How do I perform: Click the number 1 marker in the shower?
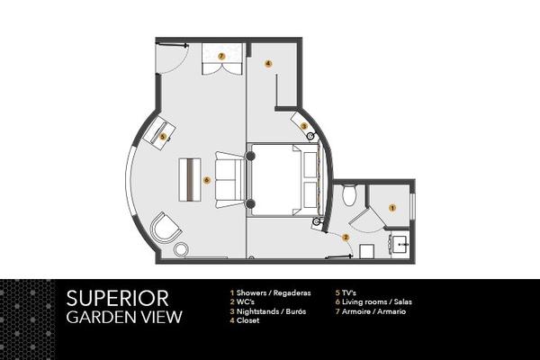tap(391, 208)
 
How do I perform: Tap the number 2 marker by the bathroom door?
tap(346, 238)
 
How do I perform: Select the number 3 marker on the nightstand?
tap(304, 126)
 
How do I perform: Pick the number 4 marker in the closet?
tap(268, 63)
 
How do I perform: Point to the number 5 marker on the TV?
tap(163, 137)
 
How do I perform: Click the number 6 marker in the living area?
tap(206, 180)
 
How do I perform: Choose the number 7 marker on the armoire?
tap(221, 56)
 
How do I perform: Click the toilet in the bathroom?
tap(349, 195)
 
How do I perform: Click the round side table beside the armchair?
tap(181, 249)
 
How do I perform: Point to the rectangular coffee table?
tap(190, 180)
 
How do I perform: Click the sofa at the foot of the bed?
tap(229, 180)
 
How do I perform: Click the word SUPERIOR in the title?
tap(117, 298)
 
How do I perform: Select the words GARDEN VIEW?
tap(124, 317)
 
